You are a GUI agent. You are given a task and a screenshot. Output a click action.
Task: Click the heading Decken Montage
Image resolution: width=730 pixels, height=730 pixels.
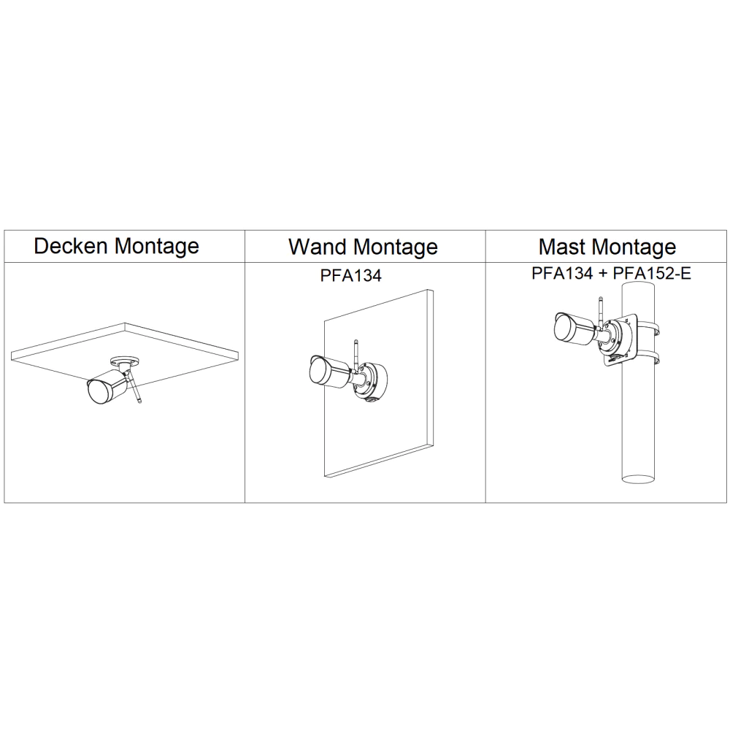pyautogui.click(x=117, y=246)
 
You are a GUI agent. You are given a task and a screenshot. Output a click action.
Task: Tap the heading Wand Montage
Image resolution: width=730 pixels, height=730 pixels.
pyautogui.click(x=363, y=246)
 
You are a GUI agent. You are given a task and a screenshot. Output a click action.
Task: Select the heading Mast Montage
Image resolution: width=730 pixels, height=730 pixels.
pyautogui.click(x=607, y=246)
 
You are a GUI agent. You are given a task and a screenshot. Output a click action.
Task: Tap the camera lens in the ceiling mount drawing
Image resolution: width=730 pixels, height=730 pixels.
pyautogui.click(x=96, y=391)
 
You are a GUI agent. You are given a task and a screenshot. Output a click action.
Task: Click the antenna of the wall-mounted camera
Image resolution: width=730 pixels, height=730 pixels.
pyautogui.click(x=356, y=354)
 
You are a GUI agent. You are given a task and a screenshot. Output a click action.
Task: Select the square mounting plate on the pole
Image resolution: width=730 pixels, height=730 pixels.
pyautogui.click(x=621, y=339)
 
